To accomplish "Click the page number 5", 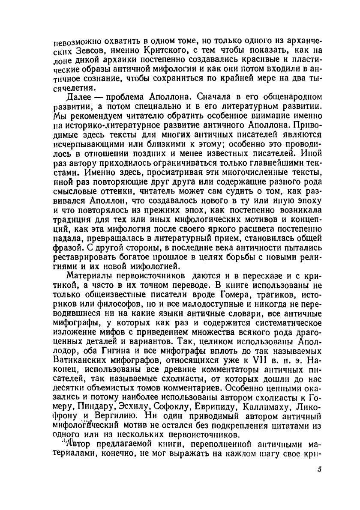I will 319,469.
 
